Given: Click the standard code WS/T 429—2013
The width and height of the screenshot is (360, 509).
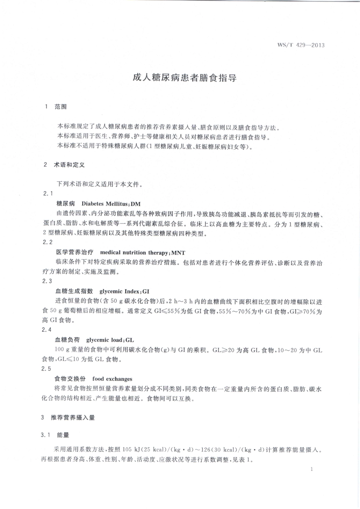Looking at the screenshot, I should [301, 45].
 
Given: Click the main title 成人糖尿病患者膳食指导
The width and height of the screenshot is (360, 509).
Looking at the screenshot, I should [185, 78].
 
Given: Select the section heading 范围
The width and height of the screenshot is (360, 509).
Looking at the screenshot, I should [61, 107].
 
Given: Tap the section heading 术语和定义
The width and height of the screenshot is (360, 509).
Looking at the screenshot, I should [69, 165].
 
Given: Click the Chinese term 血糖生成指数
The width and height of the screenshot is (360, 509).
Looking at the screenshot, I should [74, 291].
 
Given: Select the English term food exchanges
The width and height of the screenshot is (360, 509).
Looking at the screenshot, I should [112, 379].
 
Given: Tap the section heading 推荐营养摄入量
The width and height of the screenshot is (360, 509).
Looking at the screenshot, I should [73, 418].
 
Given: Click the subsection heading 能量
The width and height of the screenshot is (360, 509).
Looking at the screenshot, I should [63, 435].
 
